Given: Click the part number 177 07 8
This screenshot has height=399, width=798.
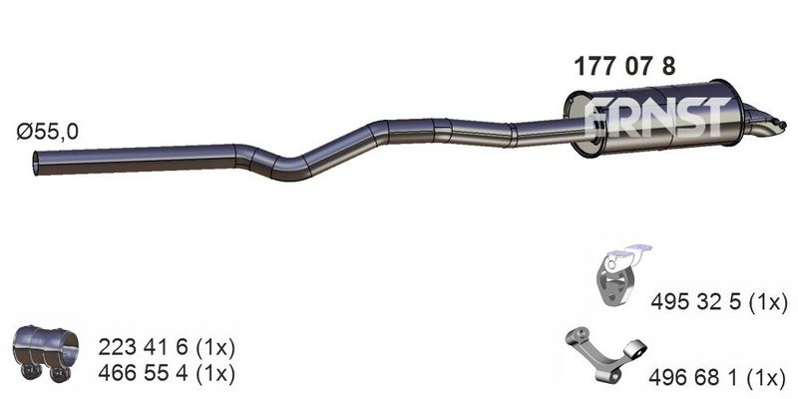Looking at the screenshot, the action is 624,66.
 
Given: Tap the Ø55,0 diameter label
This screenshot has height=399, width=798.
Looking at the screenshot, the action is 47,133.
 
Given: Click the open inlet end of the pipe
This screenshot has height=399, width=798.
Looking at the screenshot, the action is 36,164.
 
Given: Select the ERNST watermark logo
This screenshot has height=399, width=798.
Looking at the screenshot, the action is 655,118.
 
